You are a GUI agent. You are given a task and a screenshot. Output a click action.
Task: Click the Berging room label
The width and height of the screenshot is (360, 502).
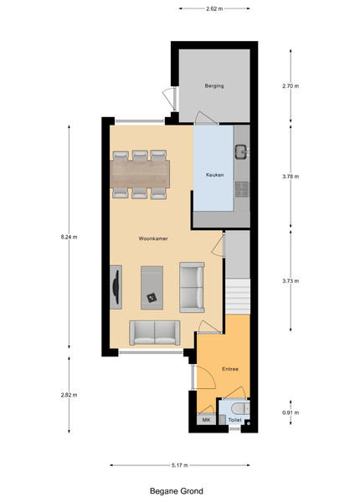pyautogui.click(x=214, y=86)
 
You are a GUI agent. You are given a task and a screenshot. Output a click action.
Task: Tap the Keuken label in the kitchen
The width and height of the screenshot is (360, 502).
pyautogui.click(x=214, y=175)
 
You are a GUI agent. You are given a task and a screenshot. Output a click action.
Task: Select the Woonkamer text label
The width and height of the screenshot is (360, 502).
pyautogui.click(x=153, y=238)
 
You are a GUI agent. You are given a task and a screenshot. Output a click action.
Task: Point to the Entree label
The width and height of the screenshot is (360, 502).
pyautogui.click(x=230, y=369)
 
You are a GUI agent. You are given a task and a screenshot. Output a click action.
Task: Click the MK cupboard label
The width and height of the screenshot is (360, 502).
pyautogui.click(x=206, y=420)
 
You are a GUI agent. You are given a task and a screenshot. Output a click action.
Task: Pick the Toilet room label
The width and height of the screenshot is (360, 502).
pyautogui.click(x=234, y=420)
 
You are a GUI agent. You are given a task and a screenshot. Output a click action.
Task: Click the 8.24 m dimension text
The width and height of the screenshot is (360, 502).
pyautogui.click(x=69, y=238)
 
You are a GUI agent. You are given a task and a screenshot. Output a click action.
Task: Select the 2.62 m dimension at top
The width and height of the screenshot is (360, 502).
pyautogui.click(x=214, y=8)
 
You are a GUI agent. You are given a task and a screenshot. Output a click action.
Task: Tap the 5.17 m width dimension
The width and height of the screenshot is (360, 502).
pyautogui.click(x=180, y=465)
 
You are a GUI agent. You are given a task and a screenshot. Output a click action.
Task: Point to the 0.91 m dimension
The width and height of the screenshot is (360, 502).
pyautogui.click(x=291, y=412)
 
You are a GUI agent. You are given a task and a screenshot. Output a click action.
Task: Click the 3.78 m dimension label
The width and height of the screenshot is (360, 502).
pyautogui.click(x=291, y=177)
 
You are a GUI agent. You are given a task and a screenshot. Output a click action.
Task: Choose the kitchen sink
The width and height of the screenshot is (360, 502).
pyautogui.click(x=241, y=151)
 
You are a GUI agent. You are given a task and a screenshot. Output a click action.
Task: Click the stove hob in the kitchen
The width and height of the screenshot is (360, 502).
pyautogui.click(x=241, y=189)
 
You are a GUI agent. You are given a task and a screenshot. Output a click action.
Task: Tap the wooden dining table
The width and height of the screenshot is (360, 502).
pyautogui.click(x=140, y=175)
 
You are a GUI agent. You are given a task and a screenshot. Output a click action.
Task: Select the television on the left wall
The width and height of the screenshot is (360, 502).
pyautogui.click(x=116, y=287)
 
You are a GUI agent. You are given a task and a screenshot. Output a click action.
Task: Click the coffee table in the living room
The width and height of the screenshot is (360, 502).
pyautogui.click(x=152, y=288)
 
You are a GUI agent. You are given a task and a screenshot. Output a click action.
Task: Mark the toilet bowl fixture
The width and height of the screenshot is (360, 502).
pyautogui.click(x=240, y=408)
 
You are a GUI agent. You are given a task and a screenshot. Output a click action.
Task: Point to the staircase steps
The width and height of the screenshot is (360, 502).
pyautogui.click(x=238, y=296)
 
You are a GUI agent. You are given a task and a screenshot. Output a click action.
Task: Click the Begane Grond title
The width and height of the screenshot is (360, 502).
pyautogui.click(x=177, y=491)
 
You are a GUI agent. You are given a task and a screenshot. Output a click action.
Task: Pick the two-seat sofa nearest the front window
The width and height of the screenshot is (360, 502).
pyautogui.click(x=154, y=333)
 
